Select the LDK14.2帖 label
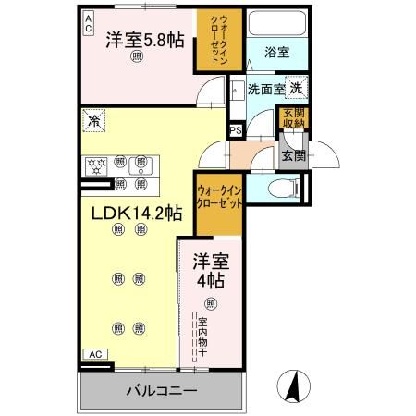136,212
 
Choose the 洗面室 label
265,90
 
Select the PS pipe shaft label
236,131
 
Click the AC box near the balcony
95,353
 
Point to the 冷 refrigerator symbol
94,120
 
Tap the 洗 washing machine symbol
295,89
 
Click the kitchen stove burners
96,166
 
